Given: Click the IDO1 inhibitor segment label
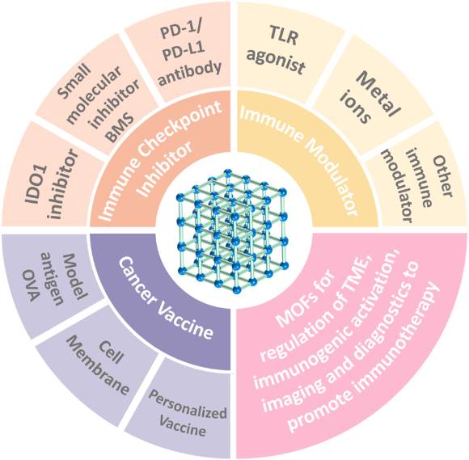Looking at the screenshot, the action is click(52, 184).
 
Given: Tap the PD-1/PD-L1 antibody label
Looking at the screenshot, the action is click(188, 54).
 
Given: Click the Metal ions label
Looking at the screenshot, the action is click(371, 96).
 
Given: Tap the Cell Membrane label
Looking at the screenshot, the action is click(99, 365).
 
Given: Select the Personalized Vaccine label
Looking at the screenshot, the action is click(187, 413).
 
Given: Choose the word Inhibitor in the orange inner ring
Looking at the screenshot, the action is click(167, 170).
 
